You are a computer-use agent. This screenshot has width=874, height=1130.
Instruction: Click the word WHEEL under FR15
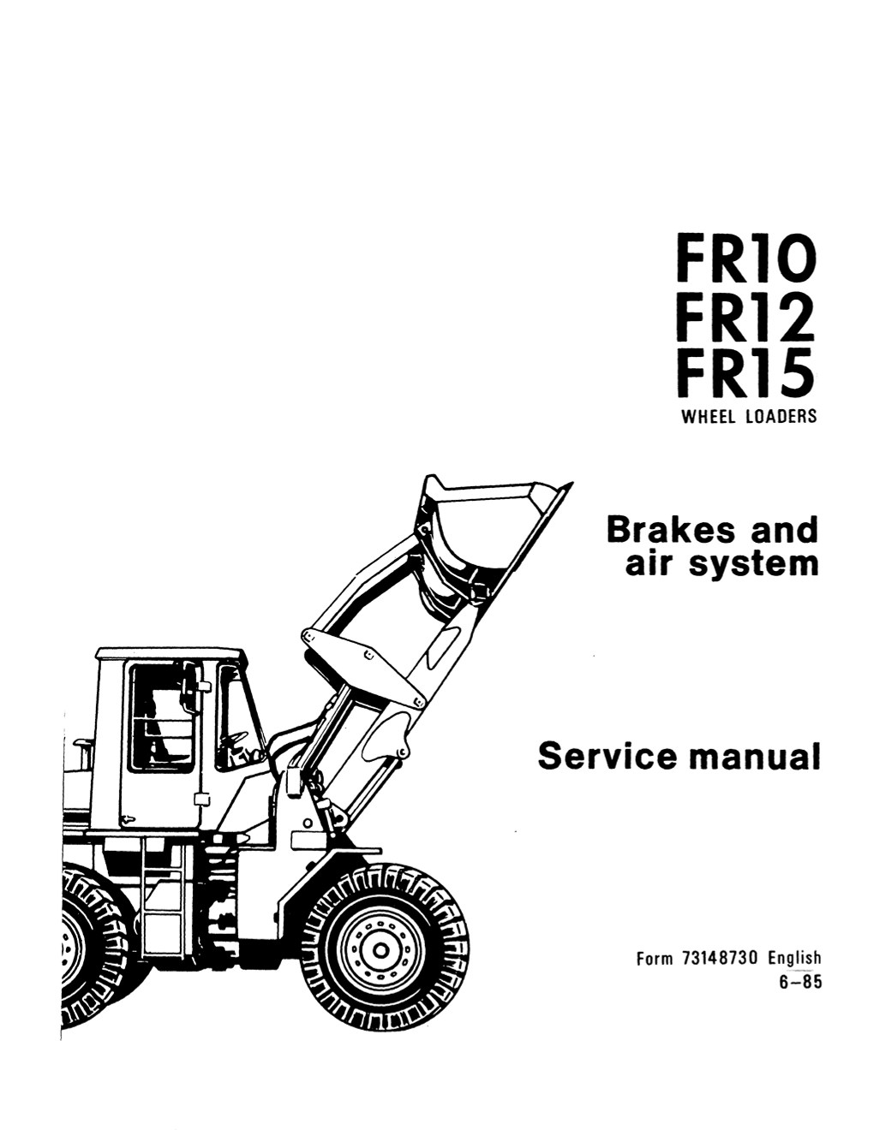pos(709,417)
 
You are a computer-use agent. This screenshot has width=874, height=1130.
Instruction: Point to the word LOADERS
pos(781,417)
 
